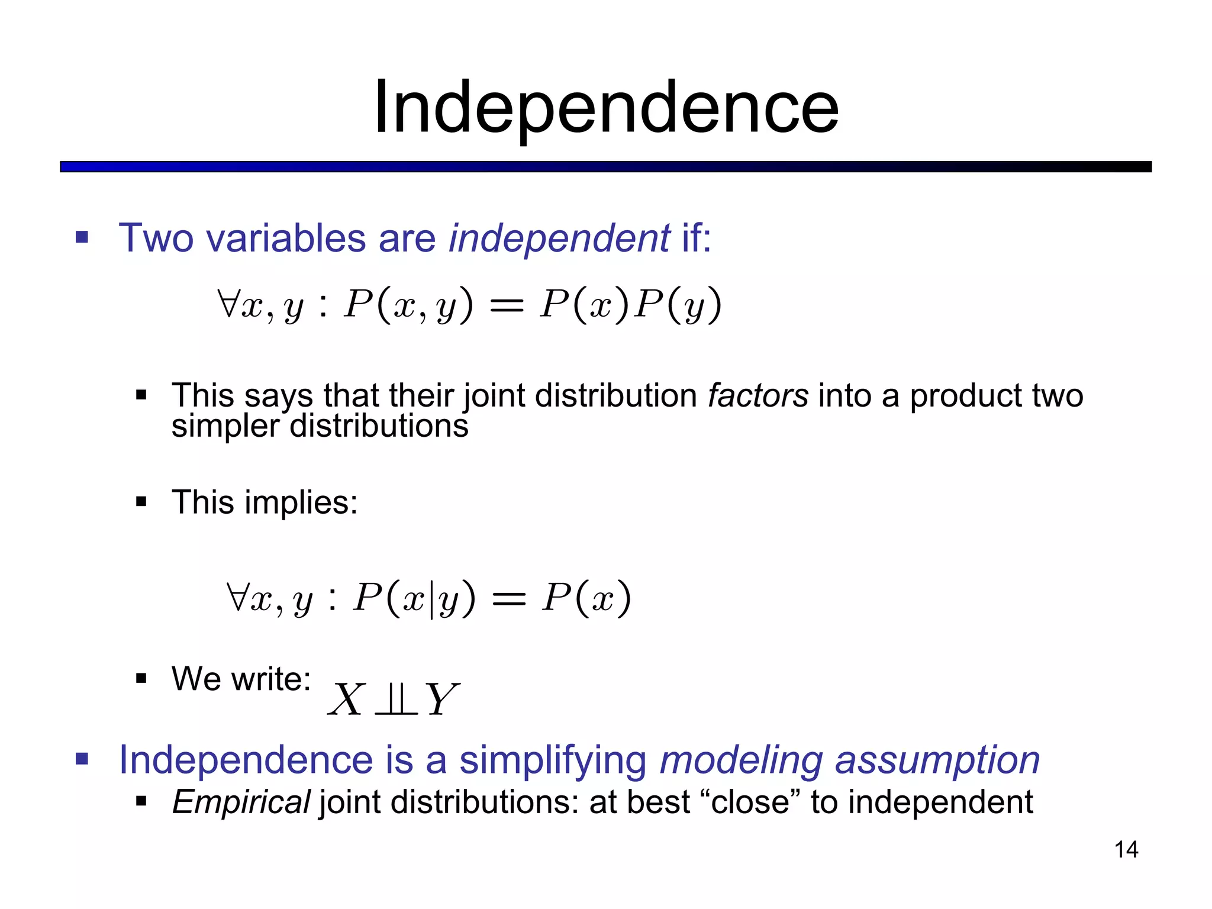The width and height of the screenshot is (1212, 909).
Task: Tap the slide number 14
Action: pos(1126,850)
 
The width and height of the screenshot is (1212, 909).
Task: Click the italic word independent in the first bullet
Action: pos(559,238)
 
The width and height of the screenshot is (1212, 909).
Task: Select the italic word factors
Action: pos(757,395)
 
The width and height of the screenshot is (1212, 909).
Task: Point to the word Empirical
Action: pos(241,802)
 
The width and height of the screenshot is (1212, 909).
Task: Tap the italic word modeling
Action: pos(741,760)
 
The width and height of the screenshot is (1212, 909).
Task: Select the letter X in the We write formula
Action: pos(346,700)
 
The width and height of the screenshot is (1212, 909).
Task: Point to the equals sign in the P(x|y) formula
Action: pos(508,599)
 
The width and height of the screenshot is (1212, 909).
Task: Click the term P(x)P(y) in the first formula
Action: pos(630,305)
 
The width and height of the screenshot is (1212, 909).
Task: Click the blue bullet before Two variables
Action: pos(82,238)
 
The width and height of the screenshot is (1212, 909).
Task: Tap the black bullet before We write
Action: pos(141,678)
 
